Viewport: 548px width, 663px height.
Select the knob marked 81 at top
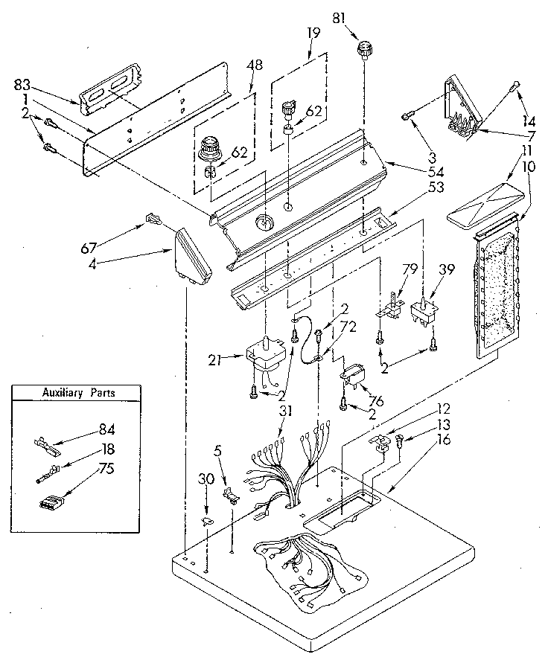coord(364,51)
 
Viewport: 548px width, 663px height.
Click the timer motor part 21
coord(265,353)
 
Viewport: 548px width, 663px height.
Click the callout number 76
coord(375,401)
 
